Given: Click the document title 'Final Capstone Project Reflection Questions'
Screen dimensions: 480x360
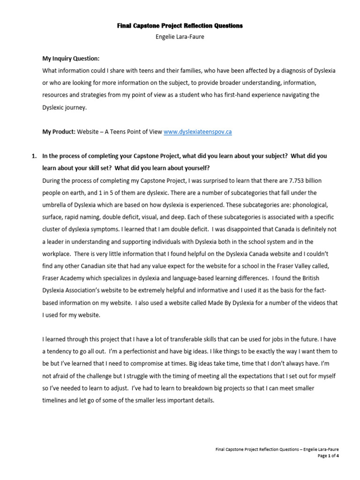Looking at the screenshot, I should [x=180, y=26].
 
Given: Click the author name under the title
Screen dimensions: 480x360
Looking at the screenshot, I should [x=180, y=37].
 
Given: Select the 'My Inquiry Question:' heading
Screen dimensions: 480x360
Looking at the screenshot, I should [x=71, y=59].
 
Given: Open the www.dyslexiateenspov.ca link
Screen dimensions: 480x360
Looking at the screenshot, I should [x=197, y=132].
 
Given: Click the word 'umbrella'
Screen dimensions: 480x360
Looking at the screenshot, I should [x=54, y=205].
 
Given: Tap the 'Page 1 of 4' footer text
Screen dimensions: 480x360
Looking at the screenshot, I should [x=328, y=455].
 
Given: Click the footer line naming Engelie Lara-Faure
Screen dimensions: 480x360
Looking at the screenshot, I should [x=277, y=449].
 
